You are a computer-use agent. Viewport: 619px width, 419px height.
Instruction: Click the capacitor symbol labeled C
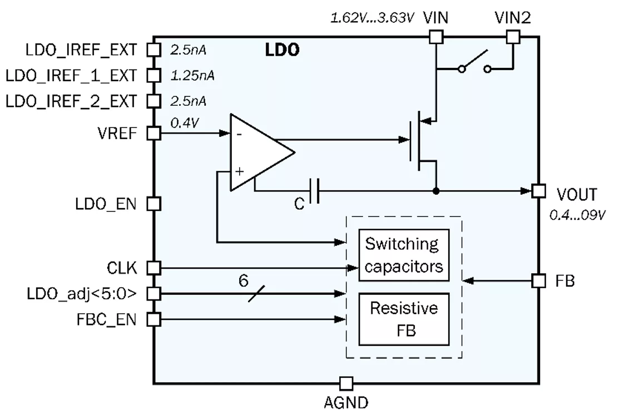(x=314, y=191)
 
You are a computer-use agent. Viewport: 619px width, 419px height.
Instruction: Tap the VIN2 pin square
(x=512, y=37)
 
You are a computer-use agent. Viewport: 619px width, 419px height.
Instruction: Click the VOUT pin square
(x=538, y=191)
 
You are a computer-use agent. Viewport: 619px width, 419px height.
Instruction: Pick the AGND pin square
(x=346, y=383)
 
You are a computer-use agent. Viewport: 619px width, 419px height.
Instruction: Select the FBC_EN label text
(x=107, y=319)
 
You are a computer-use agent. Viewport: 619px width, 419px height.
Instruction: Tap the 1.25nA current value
(x=192, y=75)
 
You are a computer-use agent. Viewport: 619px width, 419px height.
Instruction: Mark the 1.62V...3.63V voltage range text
(x=372, y=18)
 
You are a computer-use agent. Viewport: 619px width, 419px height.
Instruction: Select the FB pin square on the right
(x=538, y=281)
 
